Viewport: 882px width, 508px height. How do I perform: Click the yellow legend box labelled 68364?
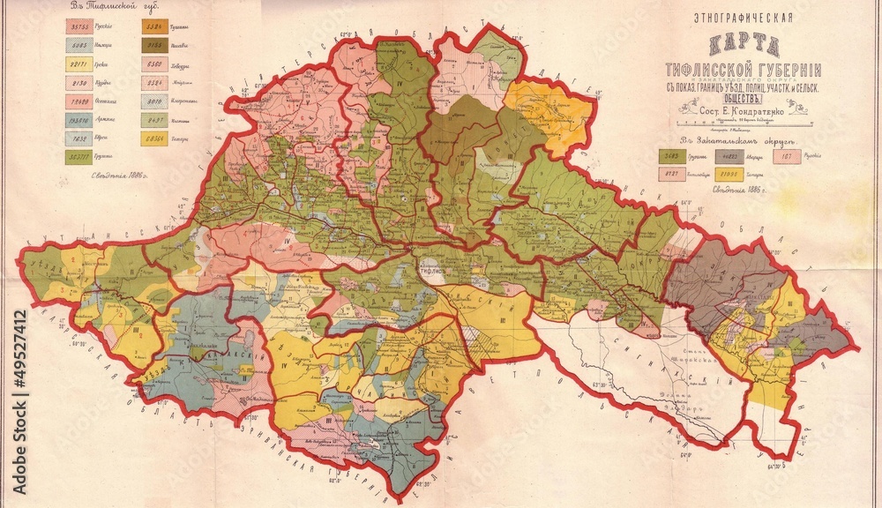pyautogui.click(x=153, y=138)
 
